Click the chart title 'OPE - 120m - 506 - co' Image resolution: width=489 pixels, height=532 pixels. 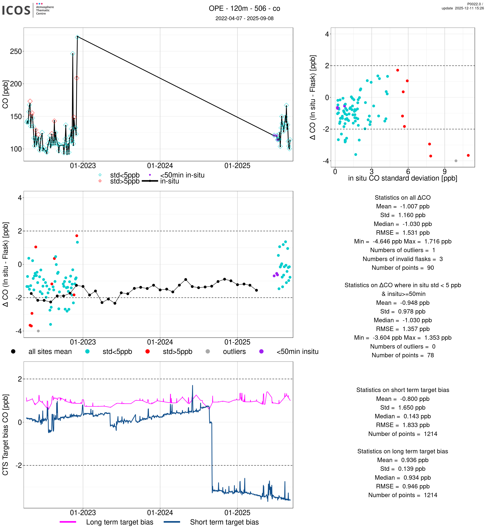coord(244,9)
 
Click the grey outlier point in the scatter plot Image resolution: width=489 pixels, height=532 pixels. coord(456,161)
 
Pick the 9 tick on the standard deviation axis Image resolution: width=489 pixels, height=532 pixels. coord(445,172)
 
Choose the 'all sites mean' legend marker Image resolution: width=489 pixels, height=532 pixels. coord(13,351)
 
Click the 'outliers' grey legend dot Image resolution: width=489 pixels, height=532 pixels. coord(208,351)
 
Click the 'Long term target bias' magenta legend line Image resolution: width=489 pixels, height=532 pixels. coord(68,522)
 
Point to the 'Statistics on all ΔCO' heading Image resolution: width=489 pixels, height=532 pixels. coord(402,198)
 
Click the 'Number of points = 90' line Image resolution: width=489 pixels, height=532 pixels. coord(402,268)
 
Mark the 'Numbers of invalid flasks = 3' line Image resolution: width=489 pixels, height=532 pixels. coord(402,259)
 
